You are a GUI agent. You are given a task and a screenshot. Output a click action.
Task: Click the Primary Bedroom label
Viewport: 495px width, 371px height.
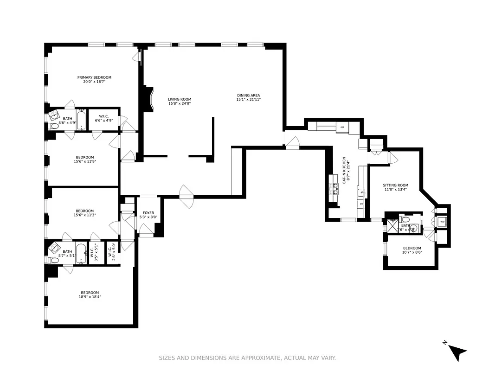coord(94,77)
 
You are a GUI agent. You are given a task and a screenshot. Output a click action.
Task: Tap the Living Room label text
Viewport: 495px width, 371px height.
coord(180,99)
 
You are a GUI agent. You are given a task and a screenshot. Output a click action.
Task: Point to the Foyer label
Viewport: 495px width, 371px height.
coord(148,213)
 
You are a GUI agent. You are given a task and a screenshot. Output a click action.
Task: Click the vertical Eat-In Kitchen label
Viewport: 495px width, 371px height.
coord(344,170)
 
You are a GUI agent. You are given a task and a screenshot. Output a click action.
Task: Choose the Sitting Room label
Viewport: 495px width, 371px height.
coord(396,185)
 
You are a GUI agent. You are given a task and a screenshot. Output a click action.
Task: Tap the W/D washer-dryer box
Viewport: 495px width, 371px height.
coord(442,222)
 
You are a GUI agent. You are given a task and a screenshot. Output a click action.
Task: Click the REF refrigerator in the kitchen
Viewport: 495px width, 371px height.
coord(342,127)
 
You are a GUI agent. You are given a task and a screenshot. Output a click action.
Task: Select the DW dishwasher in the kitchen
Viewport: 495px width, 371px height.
coord(361,204)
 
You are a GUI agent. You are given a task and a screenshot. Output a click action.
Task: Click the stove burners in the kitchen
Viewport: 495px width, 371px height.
coord(334,188)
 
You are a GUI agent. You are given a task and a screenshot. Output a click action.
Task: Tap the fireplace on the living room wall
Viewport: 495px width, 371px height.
coord(148,99)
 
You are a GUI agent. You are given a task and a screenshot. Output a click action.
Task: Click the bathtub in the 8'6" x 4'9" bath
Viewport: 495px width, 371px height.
coord(81,120)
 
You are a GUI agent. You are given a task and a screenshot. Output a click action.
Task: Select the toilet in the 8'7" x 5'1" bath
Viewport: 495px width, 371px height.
coord(53,260)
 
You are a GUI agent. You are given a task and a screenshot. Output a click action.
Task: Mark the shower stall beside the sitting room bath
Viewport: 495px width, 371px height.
coord(392,226)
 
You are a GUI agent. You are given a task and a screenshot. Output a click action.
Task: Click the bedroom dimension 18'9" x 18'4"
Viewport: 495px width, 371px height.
coord(90,297)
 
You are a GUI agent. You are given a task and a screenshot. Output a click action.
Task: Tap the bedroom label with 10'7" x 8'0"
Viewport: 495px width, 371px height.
coord(412,248)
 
